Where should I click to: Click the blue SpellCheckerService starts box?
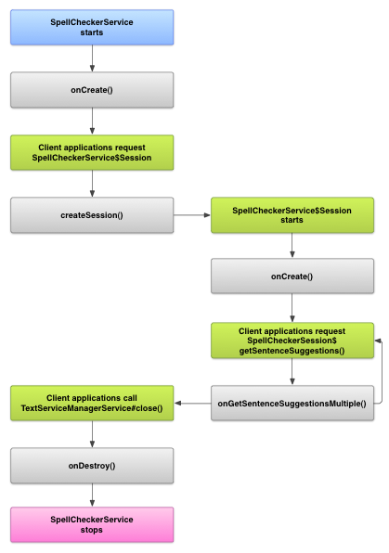click(92, 27)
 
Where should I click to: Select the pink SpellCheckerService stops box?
click(92, 524)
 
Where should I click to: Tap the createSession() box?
click(92, 215)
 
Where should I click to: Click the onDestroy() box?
click(92, 466)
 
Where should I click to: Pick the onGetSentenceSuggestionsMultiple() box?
click(292, 403)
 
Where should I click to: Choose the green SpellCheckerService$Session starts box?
click(292, 215)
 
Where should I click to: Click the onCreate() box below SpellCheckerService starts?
click(92, 90)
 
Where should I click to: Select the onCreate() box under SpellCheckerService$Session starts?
click(292, 276)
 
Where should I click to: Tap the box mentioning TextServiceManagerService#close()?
click(92, 403)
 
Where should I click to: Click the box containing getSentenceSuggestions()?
click(292, 341)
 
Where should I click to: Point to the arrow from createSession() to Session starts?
click(192, 214)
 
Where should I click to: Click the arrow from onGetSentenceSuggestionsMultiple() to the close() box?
click(192, 403)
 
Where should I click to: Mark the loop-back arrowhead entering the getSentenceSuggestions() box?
click(378, 341)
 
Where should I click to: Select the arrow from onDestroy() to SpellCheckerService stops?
click(92, 495)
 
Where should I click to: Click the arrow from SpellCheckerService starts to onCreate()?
click(92, 58)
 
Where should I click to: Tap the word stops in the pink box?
click(91, 530)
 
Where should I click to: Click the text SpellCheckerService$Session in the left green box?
click(92, 158)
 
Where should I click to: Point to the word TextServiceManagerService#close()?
click(92, 408)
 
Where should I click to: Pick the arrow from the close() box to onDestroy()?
click(92, 434)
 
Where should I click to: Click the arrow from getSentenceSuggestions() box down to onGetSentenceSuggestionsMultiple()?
click(292, 372)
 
